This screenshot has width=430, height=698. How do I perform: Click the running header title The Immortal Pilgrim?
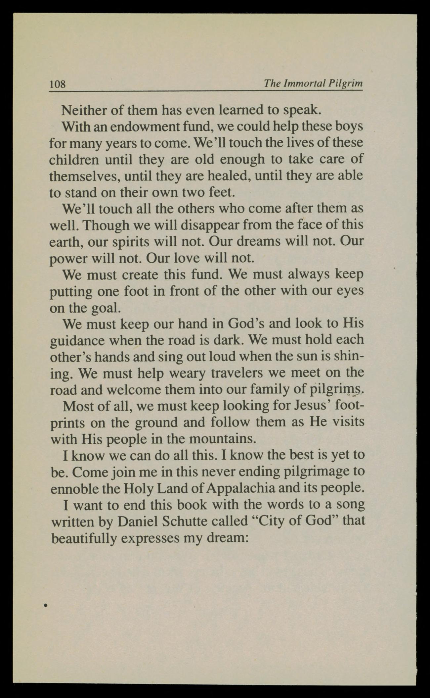(313, 83)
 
